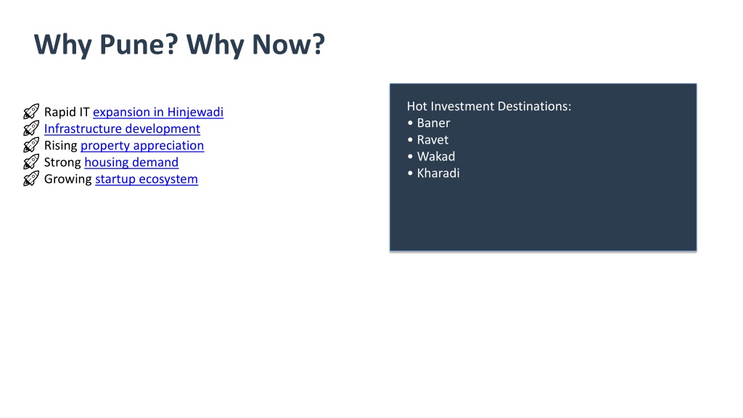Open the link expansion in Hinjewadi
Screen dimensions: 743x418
click(157, 112)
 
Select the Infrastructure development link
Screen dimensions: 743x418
click(122, 128)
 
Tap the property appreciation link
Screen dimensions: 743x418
click(142, 145)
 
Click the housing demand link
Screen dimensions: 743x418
click(131, 162)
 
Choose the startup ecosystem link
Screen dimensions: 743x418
click(147, 179)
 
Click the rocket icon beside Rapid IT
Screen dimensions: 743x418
click(31, 112)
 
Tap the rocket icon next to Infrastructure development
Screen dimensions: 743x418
click(31, 128)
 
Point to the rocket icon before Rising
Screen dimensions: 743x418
click(31, 145)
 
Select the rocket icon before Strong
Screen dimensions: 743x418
click(31, 162)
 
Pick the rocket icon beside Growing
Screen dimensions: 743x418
click(31, 179)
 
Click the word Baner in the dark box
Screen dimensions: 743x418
click(434, 123)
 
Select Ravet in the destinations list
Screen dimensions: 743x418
click(432, 140)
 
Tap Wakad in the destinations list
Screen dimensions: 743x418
click(436, 157)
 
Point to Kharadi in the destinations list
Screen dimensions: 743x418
click(438, 173)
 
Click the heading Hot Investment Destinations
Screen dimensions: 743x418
click(489, 106)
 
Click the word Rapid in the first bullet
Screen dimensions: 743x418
click(60, 112)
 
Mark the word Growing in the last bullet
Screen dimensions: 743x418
click(67, 179)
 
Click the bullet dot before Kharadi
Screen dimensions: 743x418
click(411, 173)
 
